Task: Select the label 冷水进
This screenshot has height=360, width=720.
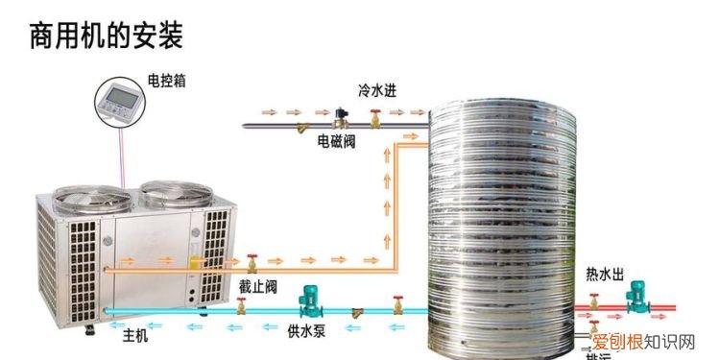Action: [x=376, y=90]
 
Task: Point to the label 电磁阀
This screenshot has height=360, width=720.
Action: [x=336, y=141]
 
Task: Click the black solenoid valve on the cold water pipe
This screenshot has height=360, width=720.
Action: [x=339, y=118]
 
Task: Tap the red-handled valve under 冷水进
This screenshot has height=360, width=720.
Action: [x=375, y=119]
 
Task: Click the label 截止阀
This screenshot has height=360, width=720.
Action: [x=258, y=286]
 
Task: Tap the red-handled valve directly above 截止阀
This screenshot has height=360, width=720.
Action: [x=252, y=261]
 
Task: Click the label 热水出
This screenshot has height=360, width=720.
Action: [x=606, y=275]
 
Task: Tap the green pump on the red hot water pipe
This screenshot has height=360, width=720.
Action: [x=636, y=301]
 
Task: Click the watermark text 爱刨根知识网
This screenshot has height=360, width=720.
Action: [x=652, y=341]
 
